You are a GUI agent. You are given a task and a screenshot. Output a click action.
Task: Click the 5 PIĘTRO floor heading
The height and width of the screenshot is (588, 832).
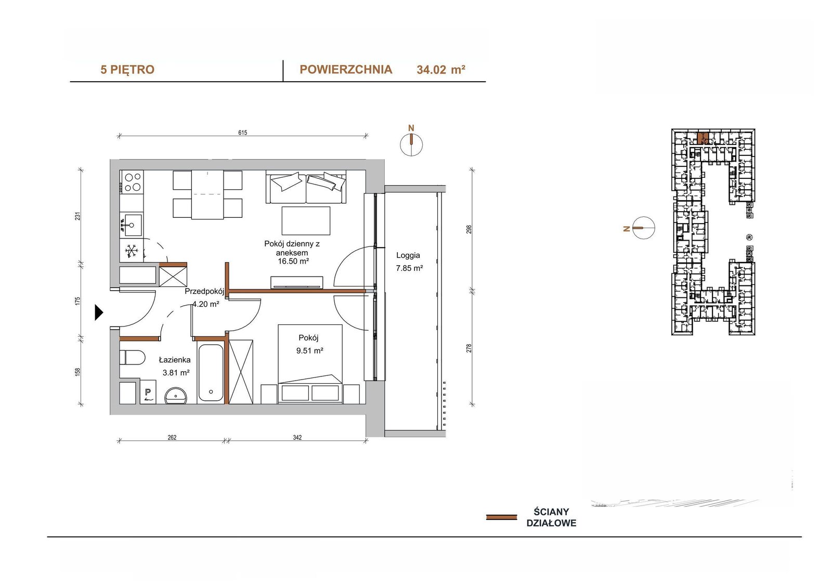(x=127, y=70)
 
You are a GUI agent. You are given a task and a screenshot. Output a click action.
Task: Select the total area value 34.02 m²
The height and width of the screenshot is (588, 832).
(x=441, y=70)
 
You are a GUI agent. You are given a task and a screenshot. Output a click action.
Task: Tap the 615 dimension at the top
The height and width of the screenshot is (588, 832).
(x=242, y=133)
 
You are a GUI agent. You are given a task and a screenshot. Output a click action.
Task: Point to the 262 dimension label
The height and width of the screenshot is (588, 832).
(x=172, y=438)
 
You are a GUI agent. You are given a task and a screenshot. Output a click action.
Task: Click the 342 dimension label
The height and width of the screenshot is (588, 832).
(x=297, y=438)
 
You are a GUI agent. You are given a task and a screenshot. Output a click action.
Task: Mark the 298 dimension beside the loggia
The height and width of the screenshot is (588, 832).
(x=469, y=229)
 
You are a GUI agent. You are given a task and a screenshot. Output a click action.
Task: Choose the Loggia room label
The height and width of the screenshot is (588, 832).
(x=408, y=255)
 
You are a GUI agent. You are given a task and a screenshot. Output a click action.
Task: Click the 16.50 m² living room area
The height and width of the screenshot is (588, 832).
(x=293, y=261)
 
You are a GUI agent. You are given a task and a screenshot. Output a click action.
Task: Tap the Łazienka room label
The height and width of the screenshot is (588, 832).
(x=175, y=360)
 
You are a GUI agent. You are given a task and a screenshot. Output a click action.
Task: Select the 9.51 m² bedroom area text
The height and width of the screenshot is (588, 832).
(x=310, y=350)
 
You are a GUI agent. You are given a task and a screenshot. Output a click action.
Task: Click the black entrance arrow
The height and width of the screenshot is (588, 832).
(x=99, y=312)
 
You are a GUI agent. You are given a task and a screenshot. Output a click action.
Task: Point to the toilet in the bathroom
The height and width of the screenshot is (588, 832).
(x=132, y=357)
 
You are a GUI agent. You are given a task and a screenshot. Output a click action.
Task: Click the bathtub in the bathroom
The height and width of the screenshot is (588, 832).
(x=210, y=373)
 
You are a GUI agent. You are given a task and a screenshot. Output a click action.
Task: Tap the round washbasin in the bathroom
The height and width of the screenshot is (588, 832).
(x=176, y=396)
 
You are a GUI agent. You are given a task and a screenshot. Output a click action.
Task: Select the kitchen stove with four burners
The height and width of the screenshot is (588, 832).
(x=132, y=182)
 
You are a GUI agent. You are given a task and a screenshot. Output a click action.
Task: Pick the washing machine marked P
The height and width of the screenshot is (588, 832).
(x=148, y=391)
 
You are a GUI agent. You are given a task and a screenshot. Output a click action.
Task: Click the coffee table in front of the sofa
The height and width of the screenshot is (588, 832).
(x=306, y=220)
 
